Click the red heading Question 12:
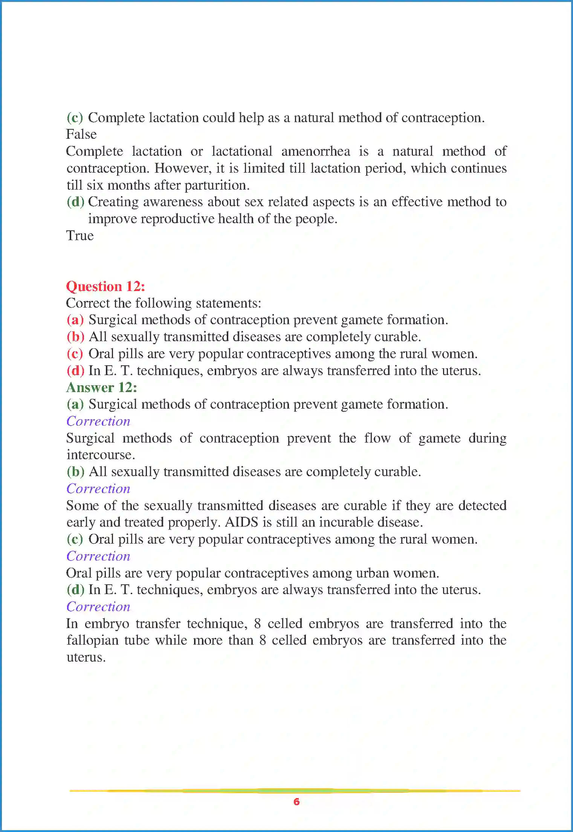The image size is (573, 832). click(105, 286)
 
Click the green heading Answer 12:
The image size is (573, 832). click(102, 388)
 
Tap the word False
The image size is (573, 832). click(81, 135)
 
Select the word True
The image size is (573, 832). click(80, 236)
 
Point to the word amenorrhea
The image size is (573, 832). click(315, 152)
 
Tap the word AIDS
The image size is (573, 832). click(241, 522)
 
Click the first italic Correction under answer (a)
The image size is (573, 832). click(98, 421)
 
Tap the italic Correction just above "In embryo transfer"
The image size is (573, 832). click(98, 607)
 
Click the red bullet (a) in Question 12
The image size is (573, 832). click(75, 320)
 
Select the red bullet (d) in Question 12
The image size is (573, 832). click(75, 371)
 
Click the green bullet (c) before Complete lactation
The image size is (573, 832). click(75, 118)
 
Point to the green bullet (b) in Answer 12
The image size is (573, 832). click(75, 472)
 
